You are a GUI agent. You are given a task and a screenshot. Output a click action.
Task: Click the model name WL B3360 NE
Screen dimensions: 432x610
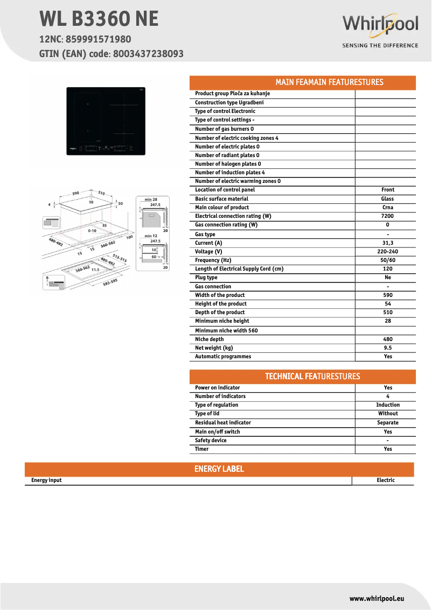99,19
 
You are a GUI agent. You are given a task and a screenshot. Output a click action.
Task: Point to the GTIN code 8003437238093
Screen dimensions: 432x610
149,54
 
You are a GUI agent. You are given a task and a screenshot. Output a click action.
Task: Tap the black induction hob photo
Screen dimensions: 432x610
106,121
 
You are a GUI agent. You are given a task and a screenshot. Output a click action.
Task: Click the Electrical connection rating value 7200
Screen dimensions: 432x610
388,216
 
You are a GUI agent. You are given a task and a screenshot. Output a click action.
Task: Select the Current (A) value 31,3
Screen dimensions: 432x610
388,243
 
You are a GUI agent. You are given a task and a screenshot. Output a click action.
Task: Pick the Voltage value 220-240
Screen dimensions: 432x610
388,252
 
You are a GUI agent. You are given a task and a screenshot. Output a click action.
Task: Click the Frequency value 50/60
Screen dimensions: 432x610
388,260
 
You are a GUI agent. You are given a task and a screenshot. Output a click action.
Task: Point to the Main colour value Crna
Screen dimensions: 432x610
388,208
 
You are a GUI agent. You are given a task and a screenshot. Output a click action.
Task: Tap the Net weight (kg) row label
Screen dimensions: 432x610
214,348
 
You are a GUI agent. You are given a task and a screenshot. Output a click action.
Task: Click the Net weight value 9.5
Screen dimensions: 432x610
388,348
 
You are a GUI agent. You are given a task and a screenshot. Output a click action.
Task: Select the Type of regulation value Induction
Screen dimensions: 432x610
388,405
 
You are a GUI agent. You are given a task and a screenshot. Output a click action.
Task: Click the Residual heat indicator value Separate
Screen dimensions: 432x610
388,423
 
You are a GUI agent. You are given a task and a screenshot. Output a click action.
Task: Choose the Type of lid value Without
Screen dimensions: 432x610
388,414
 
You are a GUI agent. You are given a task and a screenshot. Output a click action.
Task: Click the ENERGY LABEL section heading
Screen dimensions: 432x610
219,469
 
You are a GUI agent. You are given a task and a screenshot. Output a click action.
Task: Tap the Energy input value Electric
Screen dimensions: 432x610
386,480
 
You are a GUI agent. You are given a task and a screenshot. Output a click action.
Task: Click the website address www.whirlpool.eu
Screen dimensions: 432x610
377,598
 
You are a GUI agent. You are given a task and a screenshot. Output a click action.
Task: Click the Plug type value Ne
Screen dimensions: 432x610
388,278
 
